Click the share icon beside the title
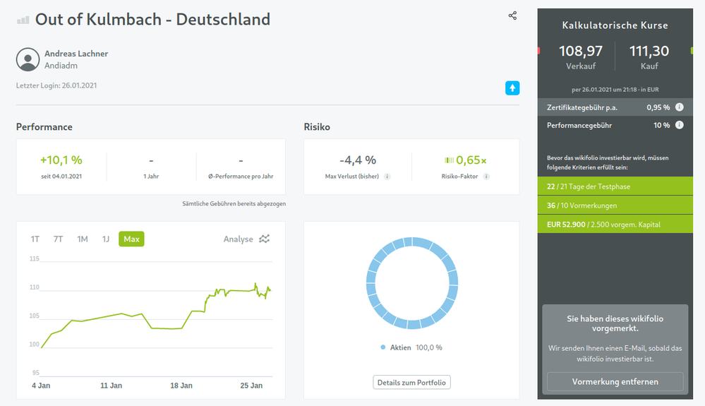pyautogui.click(x=512, y=16)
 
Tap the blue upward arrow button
pyautogui.click(x=512, y=88)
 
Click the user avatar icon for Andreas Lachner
pyautogui.click(x=28, y=59)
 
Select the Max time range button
pyautogui.click(x=131, y=239)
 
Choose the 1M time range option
pyautogui.click(x=83, y=239)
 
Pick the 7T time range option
pyautogui.click(x=58, y=239)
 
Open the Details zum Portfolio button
pyautogui.click(x=411, y=383)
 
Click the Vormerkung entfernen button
pyautogui.click(x=615, y=382)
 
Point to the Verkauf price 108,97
pyautogui.click(x=581, y=51)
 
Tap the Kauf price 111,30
pyautogui.click(x=649, y=51)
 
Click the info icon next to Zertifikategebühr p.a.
pyautogui.click(x=680, y=107)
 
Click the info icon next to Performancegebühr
pyautogui.click(x=680, y=125)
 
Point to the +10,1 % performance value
pyautogui.click(x=61, y=160)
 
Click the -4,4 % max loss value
pyautogui.click(x=358, y=160)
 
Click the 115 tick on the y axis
pyautogui.click(x=35, y=259)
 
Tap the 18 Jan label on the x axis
pyautogui.click(x=181, y=386)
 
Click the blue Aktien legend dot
pyautogui.click(x=383, y=347)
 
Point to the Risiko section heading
pyautogui.click(x=317, y=127)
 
